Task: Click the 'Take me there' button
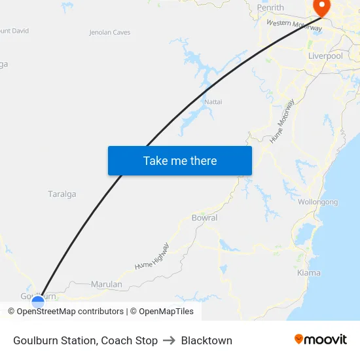(180, 160)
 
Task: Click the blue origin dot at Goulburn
(38, 302)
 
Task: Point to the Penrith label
(270, 8)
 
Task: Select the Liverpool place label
(325, 56)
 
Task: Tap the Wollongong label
(318, 202)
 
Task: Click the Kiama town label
(309, 273)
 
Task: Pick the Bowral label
(204, 218)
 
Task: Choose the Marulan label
(107, 285)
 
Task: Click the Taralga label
(62, 194)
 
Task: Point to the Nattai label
(213, 102)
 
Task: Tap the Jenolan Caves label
(109, 32)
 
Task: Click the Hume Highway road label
(152, 257)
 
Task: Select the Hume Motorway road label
(282, 121)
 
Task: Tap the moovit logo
(320, 340)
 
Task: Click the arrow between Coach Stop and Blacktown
(169, 340)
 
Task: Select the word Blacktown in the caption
(206, 340)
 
